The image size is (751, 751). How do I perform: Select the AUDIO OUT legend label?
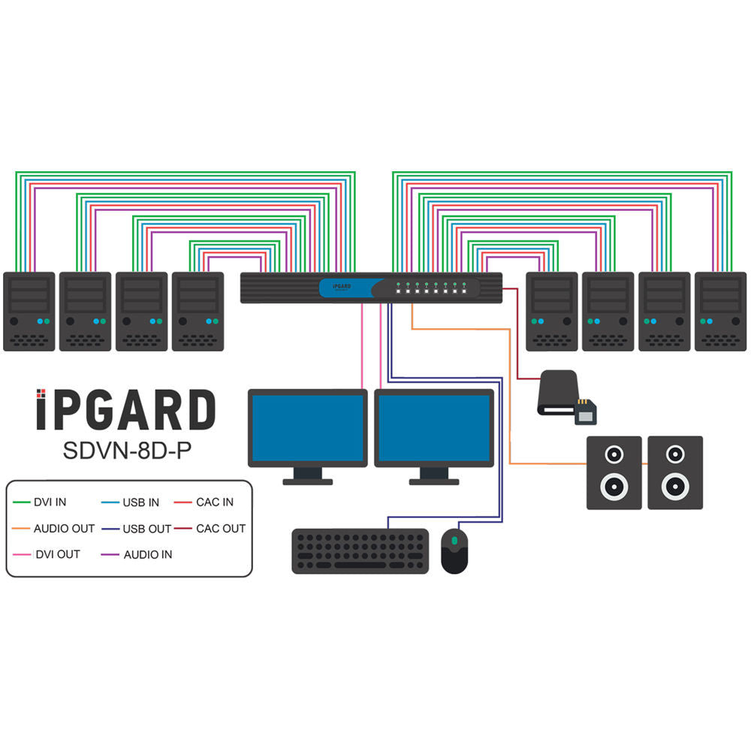pyautogui.click(x=64, y=529)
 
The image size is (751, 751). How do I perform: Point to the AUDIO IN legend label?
pyautogui.click(x=148, y=555)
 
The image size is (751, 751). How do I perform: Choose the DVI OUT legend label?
pyautogui.click(x=57, y=555)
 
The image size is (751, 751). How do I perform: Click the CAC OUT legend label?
pyautogui.click(x=221, y=529)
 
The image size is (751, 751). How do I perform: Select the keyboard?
pyautogui.click(x=360, y=551)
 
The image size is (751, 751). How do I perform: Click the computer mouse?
pyautogui.click(x=454, y=550)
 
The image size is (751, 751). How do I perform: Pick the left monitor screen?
pyautogui.click(x=308, y=427)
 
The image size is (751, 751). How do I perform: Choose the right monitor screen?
pyautogui.click(x=433, y=427)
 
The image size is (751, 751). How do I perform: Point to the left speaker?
pyautogui.click(x=614, y=472)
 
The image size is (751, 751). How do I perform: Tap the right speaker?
pyautogui.click(x=675, y=472)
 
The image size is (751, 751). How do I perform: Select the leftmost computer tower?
pyautogui.click(x=29, y=311)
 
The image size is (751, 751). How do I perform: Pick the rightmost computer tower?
pyautogui.click(x=720, y=311)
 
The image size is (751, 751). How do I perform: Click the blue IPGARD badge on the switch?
pyautogui.click(x=345, y=288)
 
